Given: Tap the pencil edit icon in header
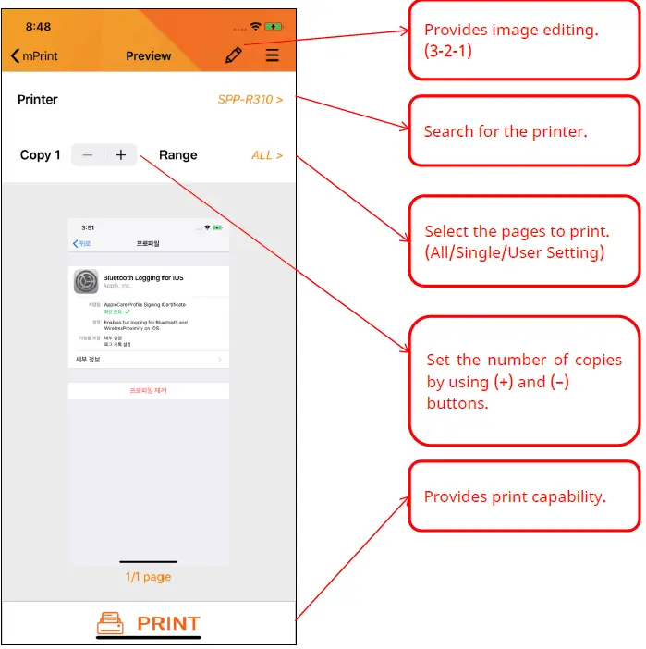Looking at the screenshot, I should point(234,55).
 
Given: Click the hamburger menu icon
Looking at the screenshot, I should point(272,55).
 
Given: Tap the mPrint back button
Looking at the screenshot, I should point(34,56).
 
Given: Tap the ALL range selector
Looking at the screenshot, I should point(267,155).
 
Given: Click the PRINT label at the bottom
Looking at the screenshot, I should point(168,624).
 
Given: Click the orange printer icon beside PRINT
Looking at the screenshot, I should point(110,624).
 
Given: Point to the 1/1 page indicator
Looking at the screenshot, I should point(148,577).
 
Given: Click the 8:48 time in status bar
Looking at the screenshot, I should point(38,27).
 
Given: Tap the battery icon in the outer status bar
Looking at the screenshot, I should point(274,27).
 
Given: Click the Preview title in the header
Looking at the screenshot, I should point(148,56).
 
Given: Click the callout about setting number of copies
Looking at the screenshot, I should point(523,381).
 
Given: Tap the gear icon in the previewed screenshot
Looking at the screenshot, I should point(86,281).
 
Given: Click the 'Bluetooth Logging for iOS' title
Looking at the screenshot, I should point(142,277).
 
